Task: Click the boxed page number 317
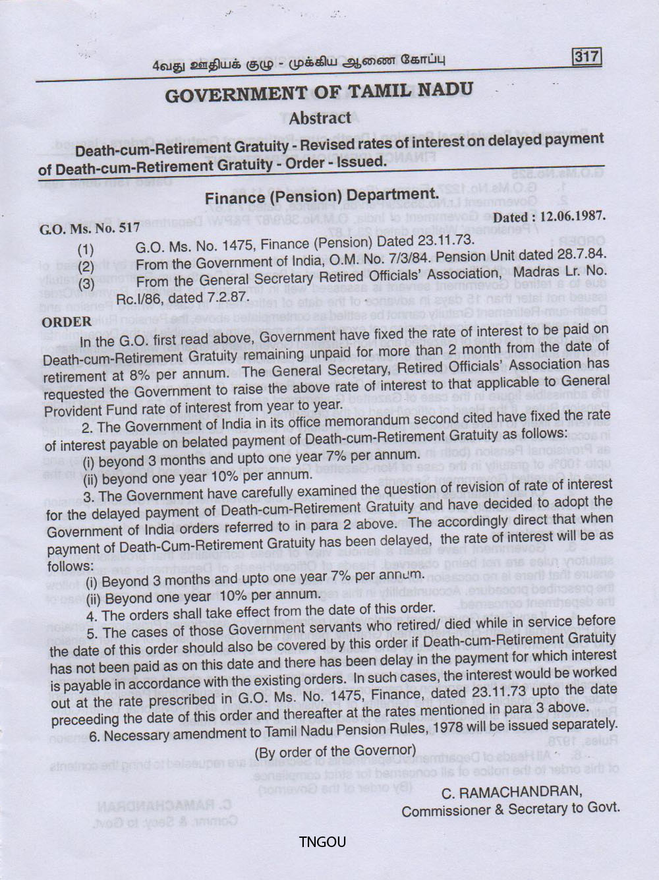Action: pyautogui.click(x=587, y=57)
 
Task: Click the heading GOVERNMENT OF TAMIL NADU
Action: pyautogui.click(x=318, y=92)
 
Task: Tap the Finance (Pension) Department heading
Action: pyautogui.click(x=321, y=196)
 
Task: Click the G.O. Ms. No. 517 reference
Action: pyautogui.click(x=90, y=229)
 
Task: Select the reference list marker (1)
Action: pyautogui.click(x=86, y=250)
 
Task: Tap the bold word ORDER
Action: pyautogui.click(x=67, y=322)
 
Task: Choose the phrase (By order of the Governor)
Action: pyautogui.click(x=335, y=751)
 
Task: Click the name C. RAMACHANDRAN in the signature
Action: pyautogui.click(x=512, y=791)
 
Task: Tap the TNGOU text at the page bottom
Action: pyautogui.click(x=322, y=842)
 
